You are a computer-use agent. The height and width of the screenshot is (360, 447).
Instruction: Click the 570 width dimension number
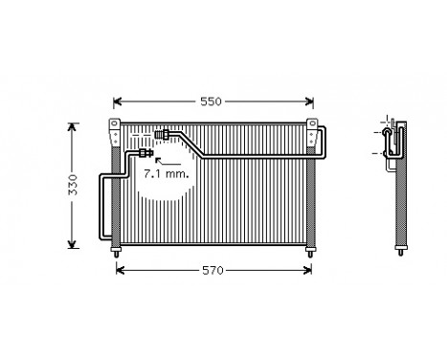tap(212, 270)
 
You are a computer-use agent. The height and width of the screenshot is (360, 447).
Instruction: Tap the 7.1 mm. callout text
tap(167, 175)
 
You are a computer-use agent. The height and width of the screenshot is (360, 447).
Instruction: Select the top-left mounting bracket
tap(115, 127)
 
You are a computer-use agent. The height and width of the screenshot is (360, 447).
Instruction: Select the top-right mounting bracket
tap(312, 127)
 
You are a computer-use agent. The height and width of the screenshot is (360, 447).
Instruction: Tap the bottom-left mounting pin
tap(116, 251)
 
